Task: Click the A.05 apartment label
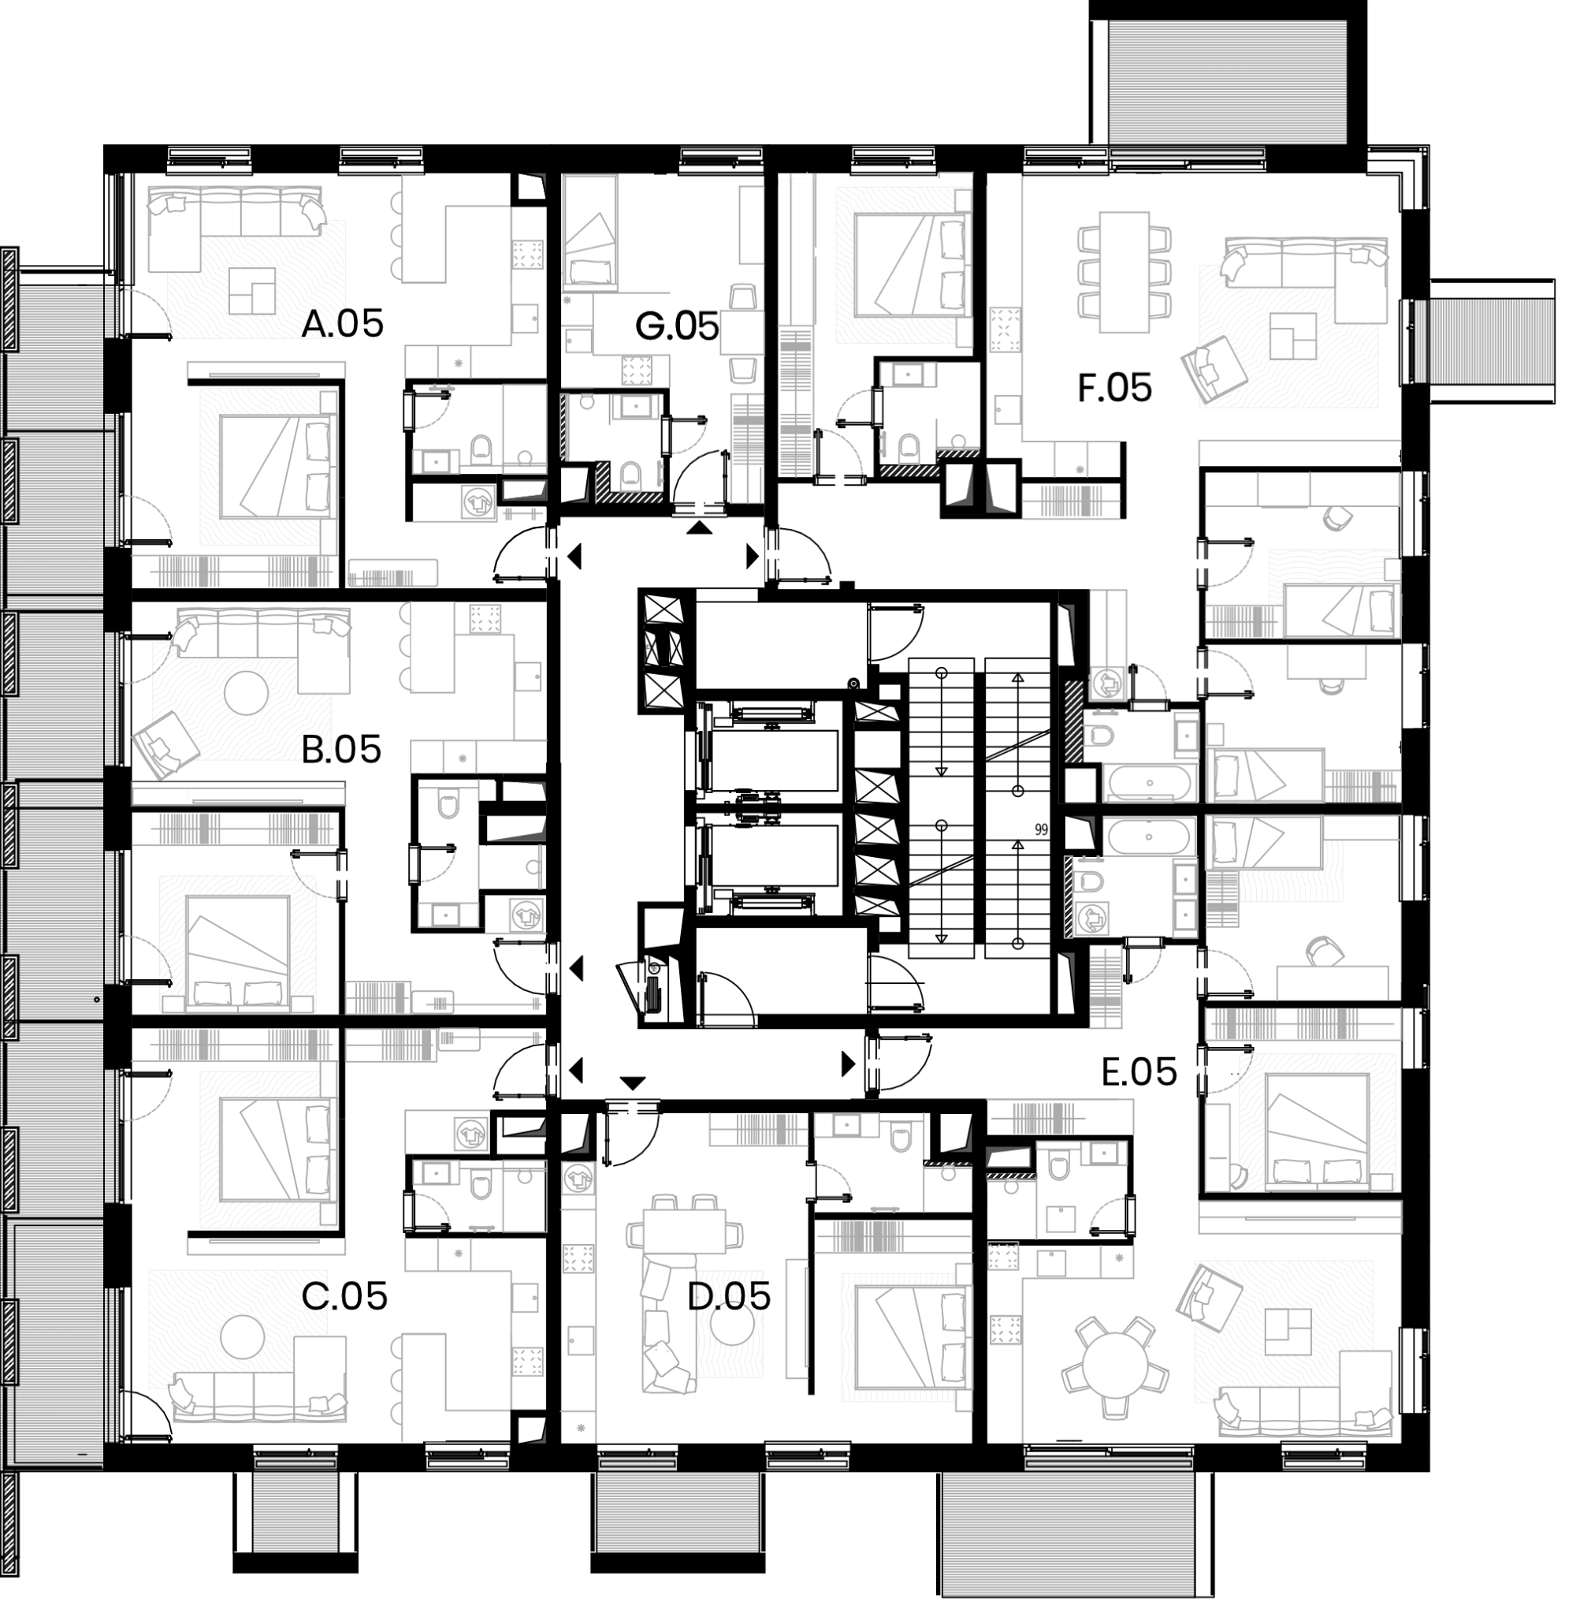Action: (343, 324)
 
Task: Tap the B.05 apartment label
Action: (341, 749)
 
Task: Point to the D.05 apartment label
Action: (729, 1296)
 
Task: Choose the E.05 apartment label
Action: (1139, 1072)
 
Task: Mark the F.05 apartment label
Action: (1114, 387)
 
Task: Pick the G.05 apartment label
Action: (677, 326)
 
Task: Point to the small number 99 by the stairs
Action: (1041, 828)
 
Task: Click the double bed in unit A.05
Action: (277, 467)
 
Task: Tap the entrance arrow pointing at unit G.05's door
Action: (701, 528)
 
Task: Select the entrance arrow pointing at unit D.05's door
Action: (633, 1083)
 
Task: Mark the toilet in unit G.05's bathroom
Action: (630, 473)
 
